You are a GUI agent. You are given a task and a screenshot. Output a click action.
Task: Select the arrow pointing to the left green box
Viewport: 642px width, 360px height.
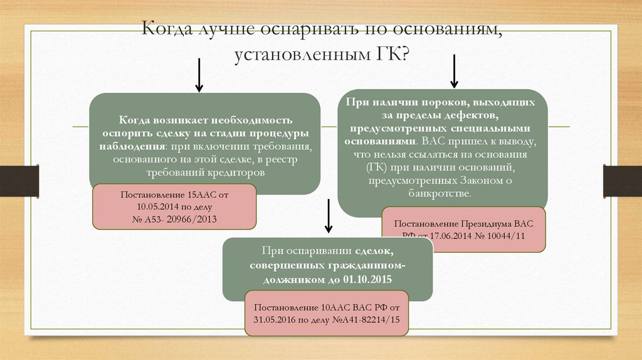(199, 74)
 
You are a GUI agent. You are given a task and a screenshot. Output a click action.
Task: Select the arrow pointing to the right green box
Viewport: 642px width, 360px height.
(455, 71)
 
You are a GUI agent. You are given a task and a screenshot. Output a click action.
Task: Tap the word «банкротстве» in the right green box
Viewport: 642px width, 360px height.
(443, 195)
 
